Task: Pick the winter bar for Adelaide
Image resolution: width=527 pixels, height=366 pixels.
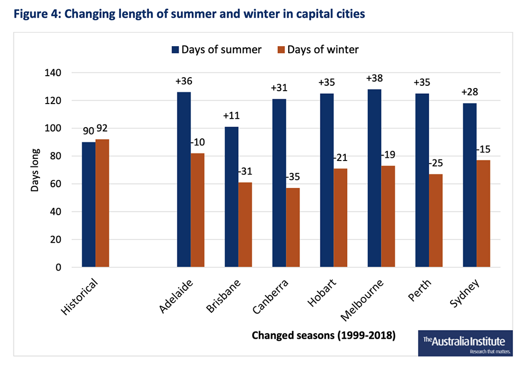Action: click(x=197, y=210)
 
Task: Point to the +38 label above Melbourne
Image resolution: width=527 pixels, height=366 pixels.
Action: click(x=374, y=78)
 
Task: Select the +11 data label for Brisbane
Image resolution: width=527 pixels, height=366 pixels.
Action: click(x=231, y=116)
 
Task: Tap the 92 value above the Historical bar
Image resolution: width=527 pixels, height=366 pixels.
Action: click(x=102, y=129)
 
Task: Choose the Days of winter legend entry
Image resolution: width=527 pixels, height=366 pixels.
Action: click(x=317, y=49)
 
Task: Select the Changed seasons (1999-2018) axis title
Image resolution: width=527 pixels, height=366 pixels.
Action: click(x=324, y=336)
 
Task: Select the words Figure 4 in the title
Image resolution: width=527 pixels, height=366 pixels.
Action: click(x=35, y=14)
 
